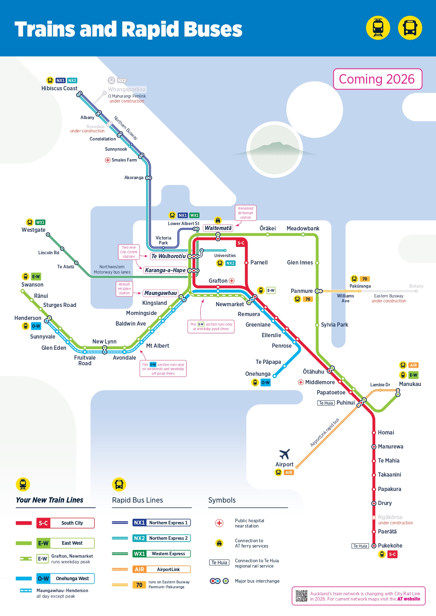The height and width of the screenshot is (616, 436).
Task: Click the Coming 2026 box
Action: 377,79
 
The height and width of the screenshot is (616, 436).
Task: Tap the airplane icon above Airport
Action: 285,454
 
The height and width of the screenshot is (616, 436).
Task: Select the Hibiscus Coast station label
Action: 59,89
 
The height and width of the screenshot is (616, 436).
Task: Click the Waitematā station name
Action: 218,228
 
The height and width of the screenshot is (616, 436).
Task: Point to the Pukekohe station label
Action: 390,545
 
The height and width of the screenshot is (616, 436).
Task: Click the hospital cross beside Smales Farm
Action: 108,160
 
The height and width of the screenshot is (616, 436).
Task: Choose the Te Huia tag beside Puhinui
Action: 326,403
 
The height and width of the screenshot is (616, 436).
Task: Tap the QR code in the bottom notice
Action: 301,596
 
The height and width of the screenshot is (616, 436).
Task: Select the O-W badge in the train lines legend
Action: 43,578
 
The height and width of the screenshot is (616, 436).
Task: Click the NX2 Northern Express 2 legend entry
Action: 162,538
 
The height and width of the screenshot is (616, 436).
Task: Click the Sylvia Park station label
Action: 334,325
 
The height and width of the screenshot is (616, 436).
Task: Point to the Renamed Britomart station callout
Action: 246,213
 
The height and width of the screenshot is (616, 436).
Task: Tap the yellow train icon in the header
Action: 378,28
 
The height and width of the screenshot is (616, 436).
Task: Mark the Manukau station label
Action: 410,384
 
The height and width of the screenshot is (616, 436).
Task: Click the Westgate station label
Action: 33,230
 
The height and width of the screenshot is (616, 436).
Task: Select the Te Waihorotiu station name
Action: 168,256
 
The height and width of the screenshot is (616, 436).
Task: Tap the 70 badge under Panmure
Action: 308,299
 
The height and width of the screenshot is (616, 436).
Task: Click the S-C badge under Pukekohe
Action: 392,554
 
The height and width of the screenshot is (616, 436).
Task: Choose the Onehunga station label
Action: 258,374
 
